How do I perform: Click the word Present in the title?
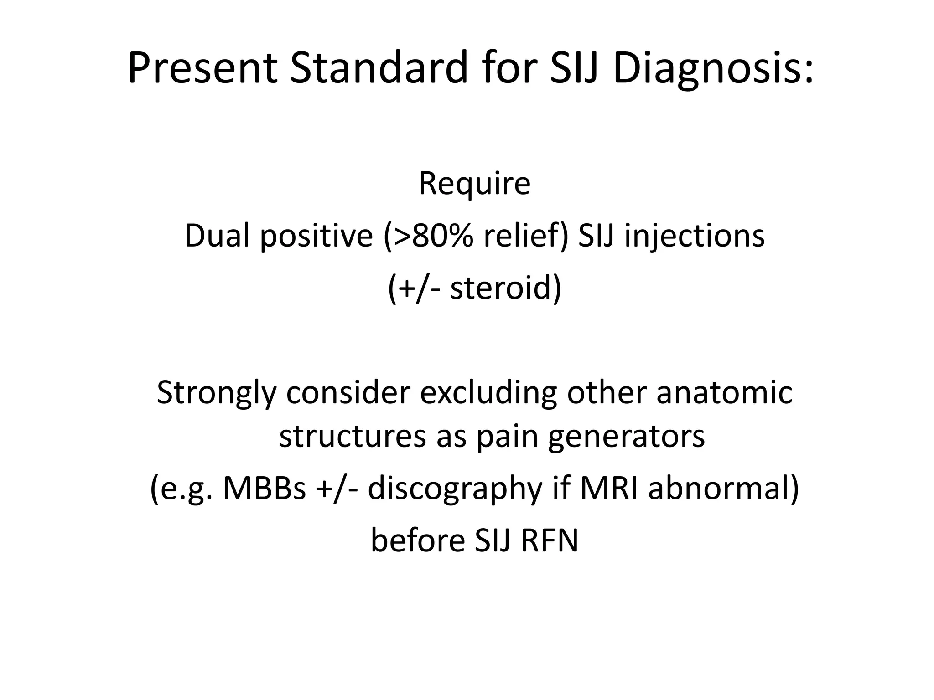[x=202, y=68]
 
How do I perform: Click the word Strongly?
[x=217, y=393]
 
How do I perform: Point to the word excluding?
[x=488, y=393]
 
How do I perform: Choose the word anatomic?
[x=724, y=393]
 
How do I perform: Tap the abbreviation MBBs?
[x=265, y=488]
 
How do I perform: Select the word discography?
[x=455, y=488]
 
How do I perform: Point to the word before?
[x=417, y=540]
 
